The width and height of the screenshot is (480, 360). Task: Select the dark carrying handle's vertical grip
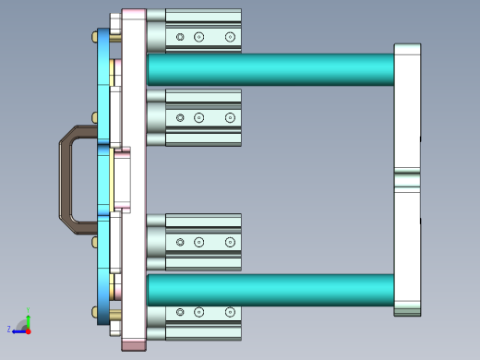[66, 180]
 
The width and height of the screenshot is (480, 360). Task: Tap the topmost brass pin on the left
[96, 36]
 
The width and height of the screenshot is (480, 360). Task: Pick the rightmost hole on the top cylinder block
[230, 37]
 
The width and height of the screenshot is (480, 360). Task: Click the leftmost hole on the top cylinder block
[180, 37]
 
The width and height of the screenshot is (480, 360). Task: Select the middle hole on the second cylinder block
[198, 117]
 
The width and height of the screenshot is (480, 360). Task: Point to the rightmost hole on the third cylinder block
[230, 242]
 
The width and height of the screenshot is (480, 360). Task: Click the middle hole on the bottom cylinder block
[198, 313]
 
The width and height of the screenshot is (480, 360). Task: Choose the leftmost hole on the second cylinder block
[180, 117]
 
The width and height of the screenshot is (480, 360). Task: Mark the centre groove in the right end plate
[407, 179]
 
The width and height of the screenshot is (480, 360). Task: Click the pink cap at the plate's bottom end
[134, 345]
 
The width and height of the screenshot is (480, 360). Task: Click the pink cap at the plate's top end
[134, 13]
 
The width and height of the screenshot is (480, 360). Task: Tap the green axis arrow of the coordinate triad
[29, 316]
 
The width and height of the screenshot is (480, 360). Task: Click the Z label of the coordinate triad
[9, 329]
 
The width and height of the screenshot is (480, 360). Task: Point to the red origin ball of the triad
[28, 329]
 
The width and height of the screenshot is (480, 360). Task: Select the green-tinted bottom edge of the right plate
[407, 312]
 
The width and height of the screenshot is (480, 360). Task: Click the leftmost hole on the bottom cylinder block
[180, 313]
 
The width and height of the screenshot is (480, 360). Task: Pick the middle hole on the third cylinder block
[198, 242]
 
